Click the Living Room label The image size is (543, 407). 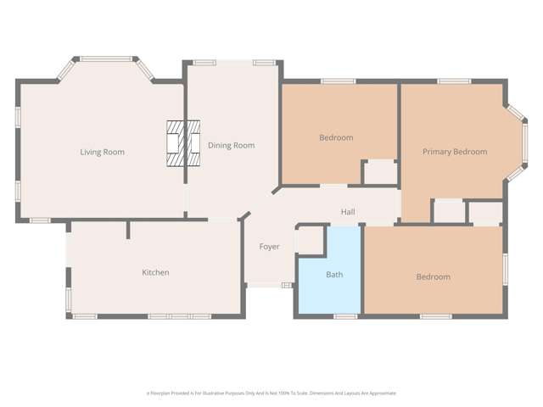[102, 153]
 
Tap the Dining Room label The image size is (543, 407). [232, 146]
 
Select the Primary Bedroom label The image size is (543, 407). [455, 152]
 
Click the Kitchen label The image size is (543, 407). [155, 273]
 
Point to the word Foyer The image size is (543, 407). [270, 247]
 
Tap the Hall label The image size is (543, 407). [348, 212]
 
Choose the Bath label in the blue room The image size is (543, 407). [335, 275]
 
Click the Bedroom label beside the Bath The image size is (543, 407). [433, 277]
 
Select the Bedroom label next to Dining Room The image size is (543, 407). [336, 137]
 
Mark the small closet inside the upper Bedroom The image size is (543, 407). [379, 171]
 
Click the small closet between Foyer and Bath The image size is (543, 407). [310, 241]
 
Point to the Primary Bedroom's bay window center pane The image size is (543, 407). [525, 143]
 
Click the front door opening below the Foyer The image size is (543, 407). [263, 286]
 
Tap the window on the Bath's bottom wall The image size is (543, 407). [344, 316]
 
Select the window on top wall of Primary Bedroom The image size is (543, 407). [454, 81]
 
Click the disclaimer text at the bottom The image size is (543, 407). [271, 393]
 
